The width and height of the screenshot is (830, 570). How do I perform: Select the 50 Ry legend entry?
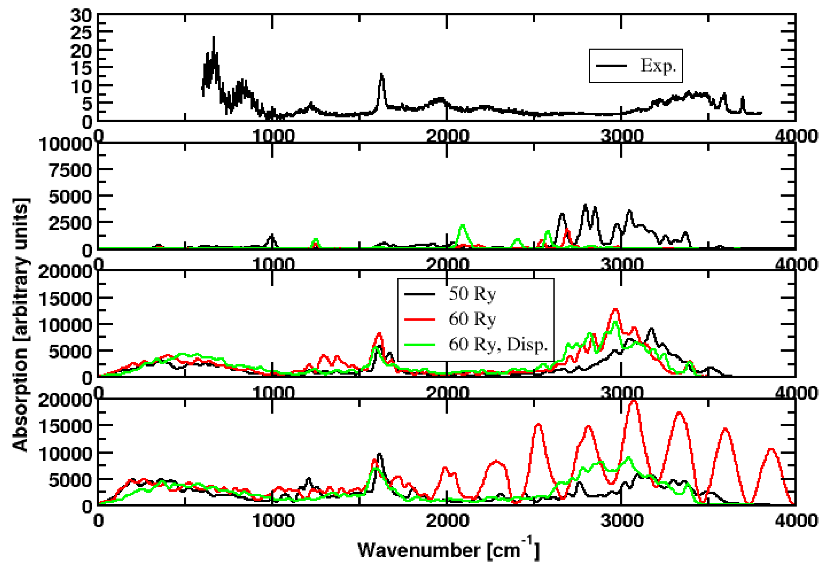(472, 294)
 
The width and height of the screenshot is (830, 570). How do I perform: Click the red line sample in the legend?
(420, 319)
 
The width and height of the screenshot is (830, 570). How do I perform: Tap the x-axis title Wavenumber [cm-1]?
(448, 550)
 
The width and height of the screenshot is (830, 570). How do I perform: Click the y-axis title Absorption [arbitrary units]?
(20, 324)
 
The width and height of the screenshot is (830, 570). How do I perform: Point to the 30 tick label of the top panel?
(81, 16)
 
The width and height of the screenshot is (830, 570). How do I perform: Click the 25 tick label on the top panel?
(81, 33)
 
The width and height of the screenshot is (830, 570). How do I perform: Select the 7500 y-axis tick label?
(70, 170)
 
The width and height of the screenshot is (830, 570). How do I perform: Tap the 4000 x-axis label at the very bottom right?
(796, 521)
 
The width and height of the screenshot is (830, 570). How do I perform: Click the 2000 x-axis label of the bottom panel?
(447, 521)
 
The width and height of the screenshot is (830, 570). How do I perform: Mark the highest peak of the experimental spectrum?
(214, 37)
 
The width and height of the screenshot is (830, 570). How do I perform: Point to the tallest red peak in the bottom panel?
(634, 401)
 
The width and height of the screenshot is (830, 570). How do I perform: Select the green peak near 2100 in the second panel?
(463, 225)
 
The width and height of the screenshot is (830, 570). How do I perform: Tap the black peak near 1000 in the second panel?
(272, 235)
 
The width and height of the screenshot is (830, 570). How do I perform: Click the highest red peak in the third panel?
(615, 309)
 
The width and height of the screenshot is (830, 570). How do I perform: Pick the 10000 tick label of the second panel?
(64, 145)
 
